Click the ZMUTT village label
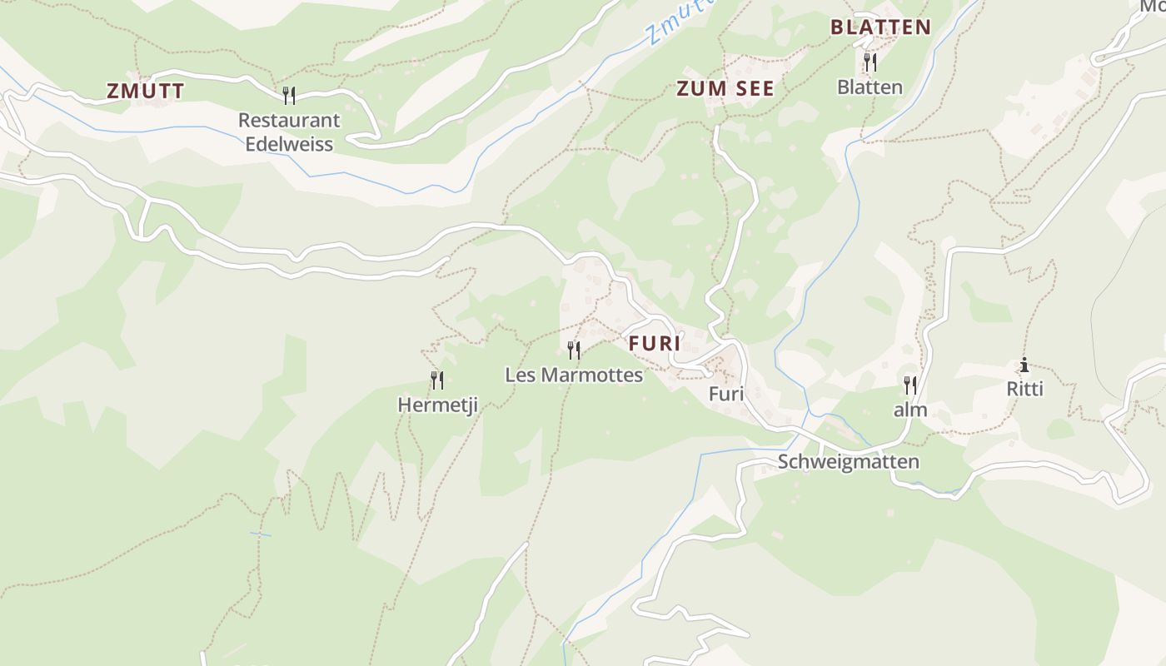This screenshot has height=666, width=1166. (146, 92)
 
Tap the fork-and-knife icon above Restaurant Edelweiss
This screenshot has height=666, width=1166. (289, 96)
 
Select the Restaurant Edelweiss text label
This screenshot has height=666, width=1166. (289, 132)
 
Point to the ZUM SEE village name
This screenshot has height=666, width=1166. (725, 89)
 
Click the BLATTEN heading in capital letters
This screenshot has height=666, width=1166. (880, 27)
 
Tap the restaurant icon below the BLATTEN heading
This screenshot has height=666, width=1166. (870, 62)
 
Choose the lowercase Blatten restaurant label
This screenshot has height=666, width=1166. (870, 87)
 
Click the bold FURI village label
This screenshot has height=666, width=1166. (655, 343)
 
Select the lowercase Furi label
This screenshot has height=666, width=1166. (725, 395)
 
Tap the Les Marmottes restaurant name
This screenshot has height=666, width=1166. (574, 375)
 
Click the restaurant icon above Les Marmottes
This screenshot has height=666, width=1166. (573, 350)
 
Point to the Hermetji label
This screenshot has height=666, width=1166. (437, 405)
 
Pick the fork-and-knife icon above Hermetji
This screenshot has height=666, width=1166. (437, 380)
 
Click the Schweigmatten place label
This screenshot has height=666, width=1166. (849, 462)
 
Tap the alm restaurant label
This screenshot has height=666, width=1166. (910, 410)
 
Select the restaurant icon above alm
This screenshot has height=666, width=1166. (910, 385)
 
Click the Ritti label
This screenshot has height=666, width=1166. (1024, 390)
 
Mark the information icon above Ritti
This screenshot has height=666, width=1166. (1024, 365)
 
